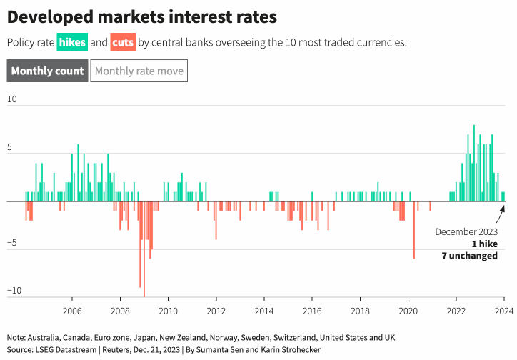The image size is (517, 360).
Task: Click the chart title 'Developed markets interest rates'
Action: point(142,17)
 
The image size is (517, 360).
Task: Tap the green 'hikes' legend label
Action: point(72,42)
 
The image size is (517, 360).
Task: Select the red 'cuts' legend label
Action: point(123,42)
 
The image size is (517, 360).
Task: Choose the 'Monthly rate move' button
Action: point(139,71)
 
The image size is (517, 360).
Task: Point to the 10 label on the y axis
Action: point(12,99)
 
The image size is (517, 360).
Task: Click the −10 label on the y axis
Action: point(14,291)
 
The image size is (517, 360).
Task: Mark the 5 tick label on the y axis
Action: point(9,147)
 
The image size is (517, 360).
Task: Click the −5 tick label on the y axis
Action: point(12,243)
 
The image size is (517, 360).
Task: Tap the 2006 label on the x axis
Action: point(72,311)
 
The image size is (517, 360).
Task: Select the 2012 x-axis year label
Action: point(216,311)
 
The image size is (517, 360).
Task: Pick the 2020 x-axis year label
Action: point(408,311)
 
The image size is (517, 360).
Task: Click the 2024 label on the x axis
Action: point(504,311)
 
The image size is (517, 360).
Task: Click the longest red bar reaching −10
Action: point(144,249)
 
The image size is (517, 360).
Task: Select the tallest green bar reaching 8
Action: point(474,163)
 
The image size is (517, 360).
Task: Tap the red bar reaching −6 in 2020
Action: point(414,230)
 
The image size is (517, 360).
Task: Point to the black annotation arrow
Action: point(501,214)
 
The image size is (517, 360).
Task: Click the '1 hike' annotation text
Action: point(484,244)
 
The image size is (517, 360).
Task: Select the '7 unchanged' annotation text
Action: point(470,256)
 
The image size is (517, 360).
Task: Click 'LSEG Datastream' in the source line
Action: point(66,350)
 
